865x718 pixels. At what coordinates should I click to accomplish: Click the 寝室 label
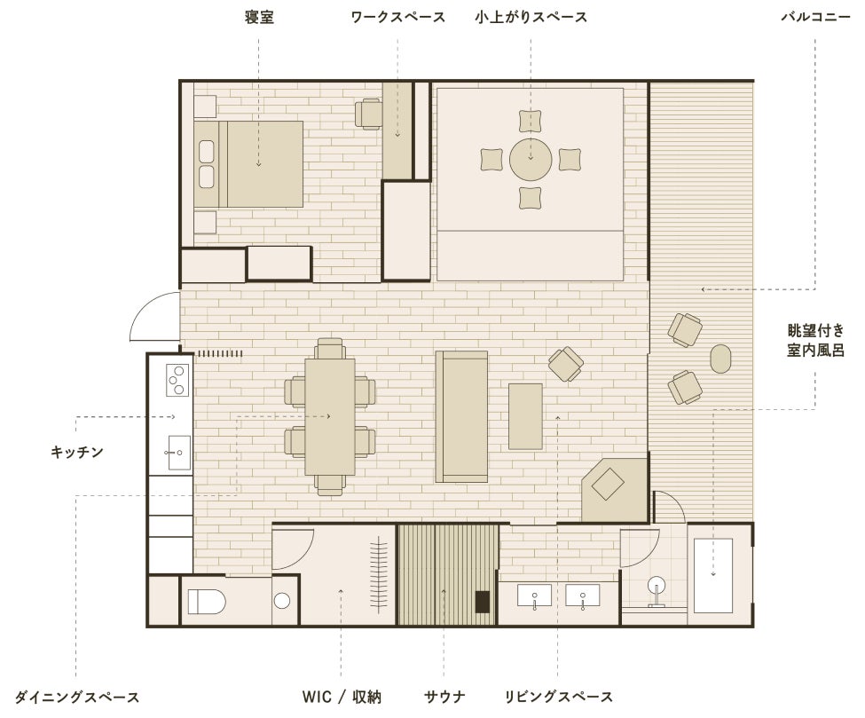259,17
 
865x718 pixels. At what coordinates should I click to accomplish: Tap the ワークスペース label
397,17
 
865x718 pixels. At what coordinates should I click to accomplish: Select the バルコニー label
815,17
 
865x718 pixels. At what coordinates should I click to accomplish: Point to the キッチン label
76,452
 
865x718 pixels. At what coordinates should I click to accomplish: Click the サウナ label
444,697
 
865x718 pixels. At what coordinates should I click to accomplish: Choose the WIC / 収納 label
342,697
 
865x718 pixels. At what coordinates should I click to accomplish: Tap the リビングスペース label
558,697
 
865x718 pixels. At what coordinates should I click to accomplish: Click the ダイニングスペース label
76,697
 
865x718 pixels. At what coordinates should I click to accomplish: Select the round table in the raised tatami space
531,160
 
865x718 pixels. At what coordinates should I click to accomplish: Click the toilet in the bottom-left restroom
207,601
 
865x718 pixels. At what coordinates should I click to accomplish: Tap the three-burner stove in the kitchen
177,380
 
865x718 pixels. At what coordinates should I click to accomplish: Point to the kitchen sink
178,453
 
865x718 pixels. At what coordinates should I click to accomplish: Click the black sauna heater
484,602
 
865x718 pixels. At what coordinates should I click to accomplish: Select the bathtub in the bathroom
712,576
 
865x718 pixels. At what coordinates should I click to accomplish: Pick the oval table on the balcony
720,359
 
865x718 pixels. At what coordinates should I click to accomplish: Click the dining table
330,416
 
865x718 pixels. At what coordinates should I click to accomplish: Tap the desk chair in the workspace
368,114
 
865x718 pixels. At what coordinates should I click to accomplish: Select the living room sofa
461,416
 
